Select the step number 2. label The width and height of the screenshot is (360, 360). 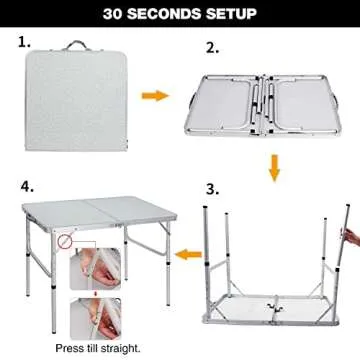click(x=212, y=48)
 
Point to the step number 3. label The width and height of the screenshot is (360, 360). click(x=212, y=187)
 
